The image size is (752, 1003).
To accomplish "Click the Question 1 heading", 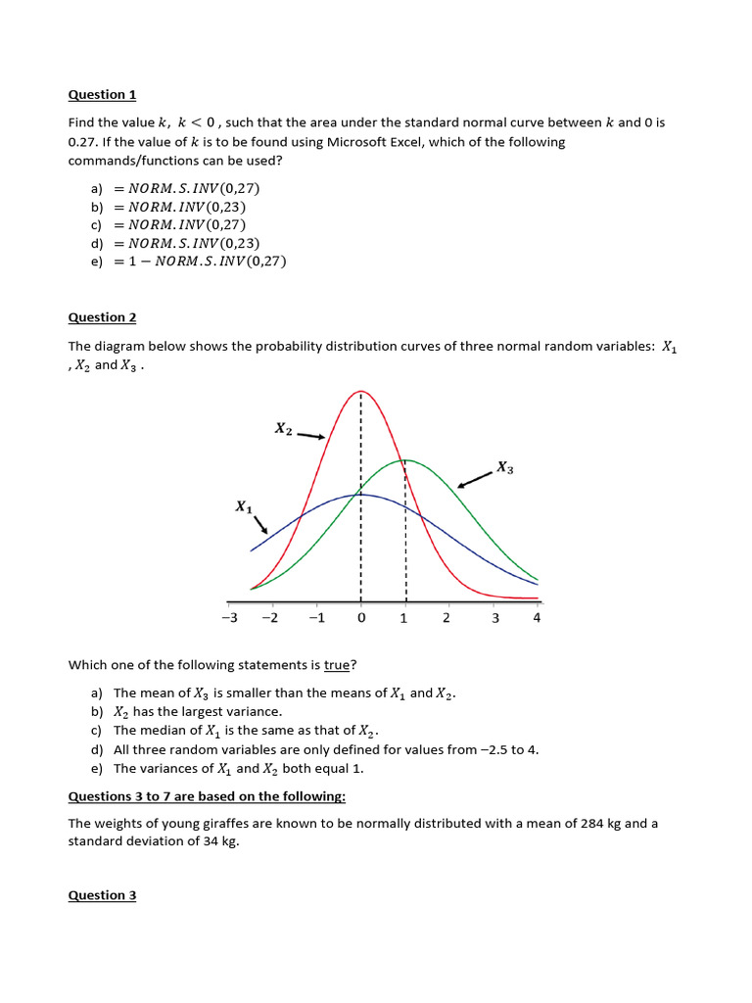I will click(102, 95).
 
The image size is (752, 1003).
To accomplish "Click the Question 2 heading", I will click(102, 317).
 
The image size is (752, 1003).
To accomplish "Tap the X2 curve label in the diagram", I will click(283, 429).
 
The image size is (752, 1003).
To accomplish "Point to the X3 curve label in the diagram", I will click(504, 468).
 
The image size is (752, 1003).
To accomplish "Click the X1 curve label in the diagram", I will click(244, 506).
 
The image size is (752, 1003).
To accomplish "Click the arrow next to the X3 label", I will click(475, 479).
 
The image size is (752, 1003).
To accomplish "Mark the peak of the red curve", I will click(361, 392).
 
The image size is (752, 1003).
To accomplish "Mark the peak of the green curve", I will click(405, 459).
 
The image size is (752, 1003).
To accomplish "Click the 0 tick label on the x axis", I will click(361, 618).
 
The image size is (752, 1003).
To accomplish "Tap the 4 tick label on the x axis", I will click(537, 618).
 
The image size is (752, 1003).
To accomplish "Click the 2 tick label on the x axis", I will click(446, 618).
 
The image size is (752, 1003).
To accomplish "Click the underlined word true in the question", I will click(336, 665).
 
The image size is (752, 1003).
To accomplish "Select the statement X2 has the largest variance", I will click(198, 711).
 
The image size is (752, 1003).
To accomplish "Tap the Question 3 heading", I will click(102, 895).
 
